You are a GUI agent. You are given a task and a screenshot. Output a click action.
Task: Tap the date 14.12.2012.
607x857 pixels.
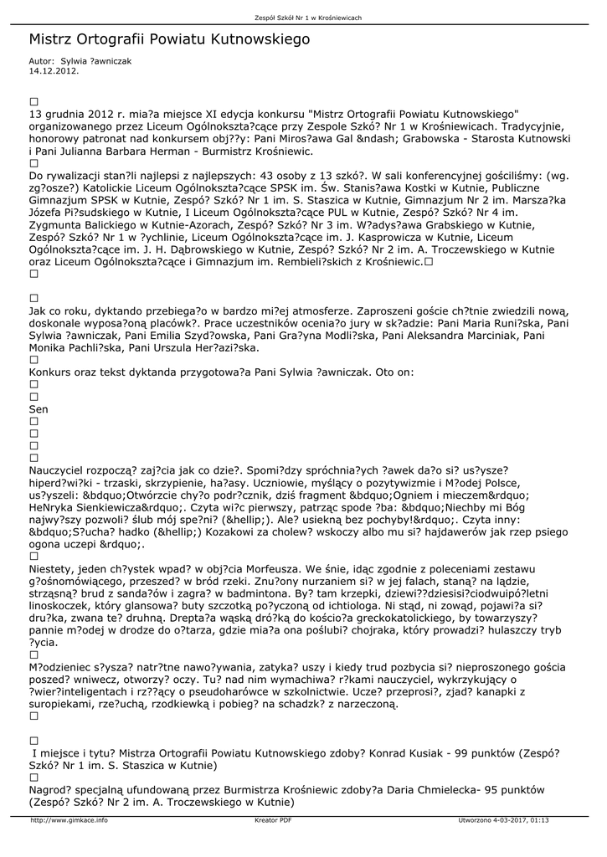click(x=54, y=71)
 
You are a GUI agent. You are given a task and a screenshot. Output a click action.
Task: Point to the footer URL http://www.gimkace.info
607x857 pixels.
click(x=69, y=820)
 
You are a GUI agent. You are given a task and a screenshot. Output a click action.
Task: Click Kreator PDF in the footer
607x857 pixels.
click(x=273, y=820)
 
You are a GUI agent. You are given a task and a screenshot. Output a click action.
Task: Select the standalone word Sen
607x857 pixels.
click(x=39, y=409)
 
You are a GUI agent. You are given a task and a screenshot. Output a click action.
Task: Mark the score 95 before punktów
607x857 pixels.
click(x=476, y=789)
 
